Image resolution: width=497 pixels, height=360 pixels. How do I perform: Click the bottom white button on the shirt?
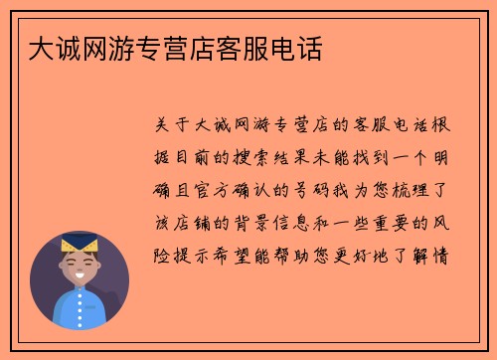point(79,320)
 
